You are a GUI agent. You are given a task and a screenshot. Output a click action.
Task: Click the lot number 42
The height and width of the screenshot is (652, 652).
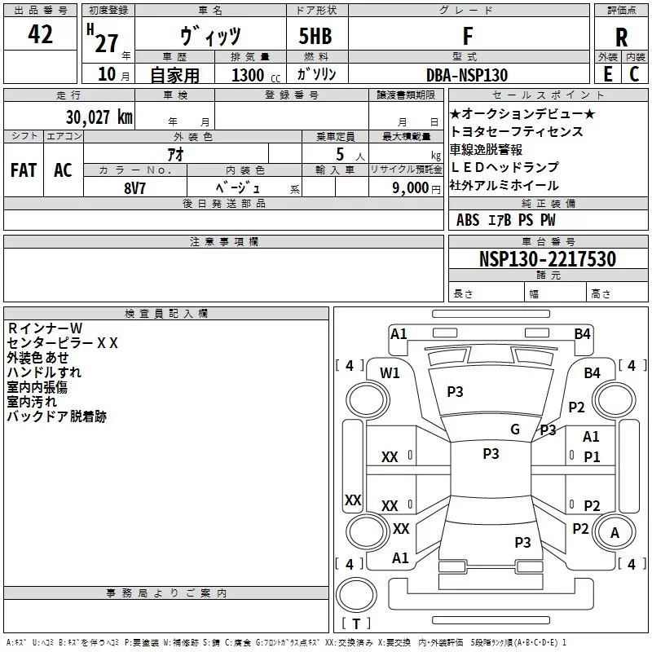point(40,34)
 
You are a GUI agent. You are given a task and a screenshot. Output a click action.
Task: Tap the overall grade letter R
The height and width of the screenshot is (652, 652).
point(621,37)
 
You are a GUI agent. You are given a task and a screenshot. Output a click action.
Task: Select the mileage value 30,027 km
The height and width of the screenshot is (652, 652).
point(99,117)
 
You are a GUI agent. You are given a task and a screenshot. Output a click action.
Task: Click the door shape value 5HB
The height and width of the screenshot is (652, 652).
point(315,36)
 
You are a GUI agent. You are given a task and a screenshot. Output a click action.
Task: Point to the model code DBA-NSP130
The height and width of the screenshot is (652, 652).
point(467,75)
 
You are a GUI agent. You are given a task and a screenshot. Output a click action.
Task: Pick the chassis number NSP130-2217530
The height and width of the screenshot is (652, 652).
point(548,258)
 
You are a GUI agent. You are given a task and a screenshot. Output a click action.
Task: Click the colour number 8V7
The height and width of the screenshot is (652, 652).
point(134,188)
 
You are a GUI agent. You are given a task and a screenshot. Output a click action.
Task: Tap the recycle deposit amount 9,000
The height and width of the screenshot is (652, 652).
point(410,188)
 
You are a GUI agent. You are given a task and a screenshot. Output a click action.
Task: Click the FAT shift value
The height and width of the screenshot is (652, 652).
point(24,170)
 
